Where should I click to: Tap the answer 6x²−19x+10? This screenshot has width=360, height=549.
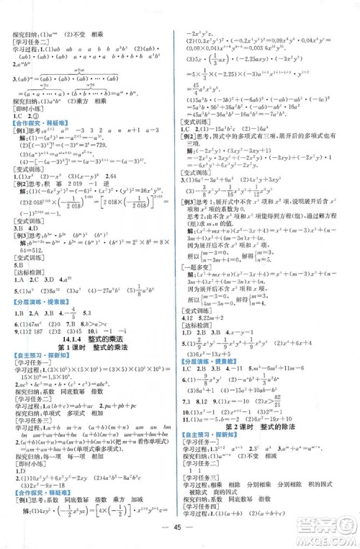tap(292, 418)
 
